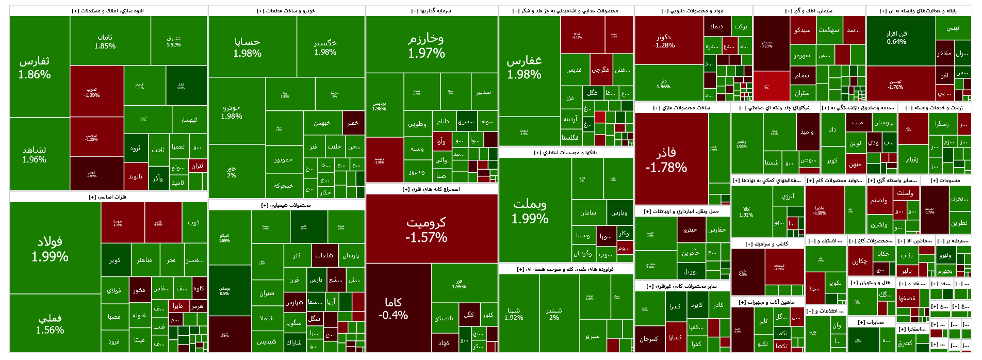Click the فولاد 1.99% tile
(x=50, y=249)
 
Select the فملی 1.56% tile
(x=50, y=324)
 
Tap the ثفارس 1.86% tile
(x=35, y=68)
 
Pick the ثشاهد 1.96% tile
(x=35, y=154)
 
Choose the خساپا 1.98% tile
(x=248, y=47)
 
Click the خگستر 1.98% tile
(x=325, y=47)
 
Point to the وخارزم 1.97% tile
(x=427, y=45)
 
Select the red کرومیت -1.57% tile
(x=427, y=230)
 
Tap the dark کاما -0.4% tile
(x=393, y=308)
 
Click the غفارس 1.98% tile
(x=525, y=67)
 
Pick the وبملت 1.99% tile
(x=530, y=210)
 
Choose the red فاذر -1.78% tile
(x=666, y=159)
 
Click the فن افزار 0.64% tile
(x=896, y=38)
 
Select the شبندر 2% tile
(x=554, y=314)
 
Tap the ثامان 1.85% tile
(x=105, y=41)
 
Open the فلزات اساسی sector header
(x=108, y=197)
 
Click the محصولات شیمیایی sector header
(x=286, y=205)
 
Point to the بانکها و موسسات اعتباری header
(x=566, y=153)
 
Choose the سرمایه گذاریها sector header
(x=431, y=11)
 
